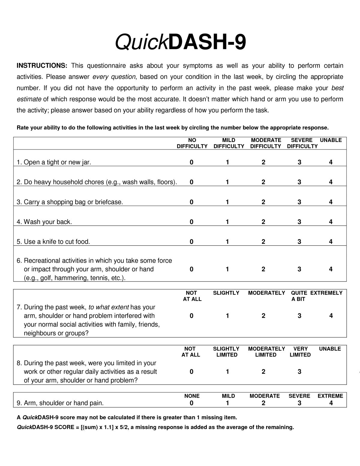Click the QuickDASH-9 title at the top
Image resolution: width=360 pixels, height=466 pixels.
pos(181,42)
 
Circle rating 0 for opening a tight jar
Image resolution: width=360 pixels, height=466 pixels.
pos(192,162)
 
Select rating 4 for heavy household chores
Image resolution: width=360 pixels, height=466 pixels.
pos(331,182)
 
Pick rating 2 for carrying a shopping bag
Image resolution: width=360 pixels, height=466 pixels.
pos(263,202)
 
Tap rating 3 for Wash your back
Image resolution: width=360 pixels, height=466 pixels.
pos(299,222)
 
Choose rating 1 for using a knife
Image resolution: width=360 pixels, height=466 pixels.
pos(227,242)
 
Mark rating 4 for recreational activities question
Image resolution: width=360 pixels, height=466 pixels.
pos(331,269)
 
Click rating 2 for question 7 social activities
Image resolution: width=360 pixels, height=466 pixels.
pos(263,316)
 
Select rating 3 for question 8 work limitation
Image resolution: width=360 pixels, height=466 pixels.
pos(299,372)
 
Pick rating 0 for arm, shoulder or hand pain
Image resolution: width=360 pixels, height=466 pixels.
pos(192,403)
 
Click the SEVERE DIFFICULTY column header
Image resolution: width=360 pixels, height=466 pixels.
pos(302,143)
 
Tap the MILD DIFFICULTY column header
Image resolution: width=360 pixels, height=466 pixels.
pos(229,143)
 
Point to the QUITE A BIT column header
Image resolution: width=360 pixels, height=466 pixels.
pos(299,296)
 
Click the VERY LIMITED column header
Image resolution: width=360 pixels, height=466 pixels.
pos(300,352)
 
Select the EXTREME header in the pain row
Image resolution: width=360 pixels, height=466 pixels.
pos(330,396)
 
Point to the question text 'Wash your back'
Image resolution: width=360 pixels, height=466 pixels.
pos(48,222)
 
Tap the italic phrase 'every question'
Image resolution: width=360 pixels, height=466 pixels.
pos(114,77)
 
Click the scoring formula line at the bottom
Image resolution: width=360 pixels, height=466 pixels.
pos(155,427)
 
